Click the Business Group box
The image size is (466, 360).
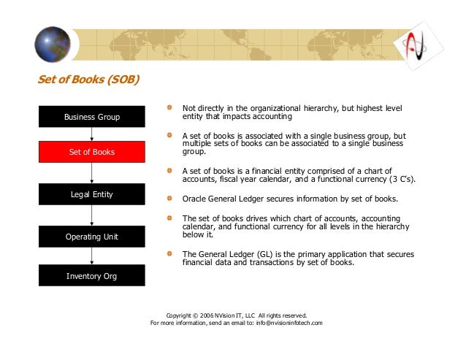pos(92,117)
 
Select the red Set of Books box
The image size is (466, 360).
pos(92,152)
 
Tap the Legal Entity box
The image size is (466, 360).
pos(92,194)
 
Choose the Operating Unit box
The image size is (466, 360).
pos(92,237)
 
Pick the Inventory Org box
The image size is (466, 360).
pos(92,276)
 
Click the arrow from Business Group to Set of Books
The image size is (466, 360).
pos(92,134)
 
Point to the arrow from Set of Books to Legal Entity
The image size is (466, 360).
pos(92,173)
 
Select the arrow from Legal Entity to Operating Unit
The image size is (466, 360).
pos(92,215)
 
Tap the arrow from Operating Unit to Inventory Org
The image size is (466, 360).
pos(92,256)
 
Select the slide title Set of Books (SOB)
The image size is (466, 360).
pos(88,79)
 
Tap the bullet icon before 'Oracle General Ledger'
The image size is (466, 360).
pos(169,197)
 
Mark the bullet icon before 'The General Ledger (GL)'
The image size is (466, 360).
pos(169,253)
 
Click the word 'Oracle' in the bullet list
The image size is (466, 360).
pos(194,198)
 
